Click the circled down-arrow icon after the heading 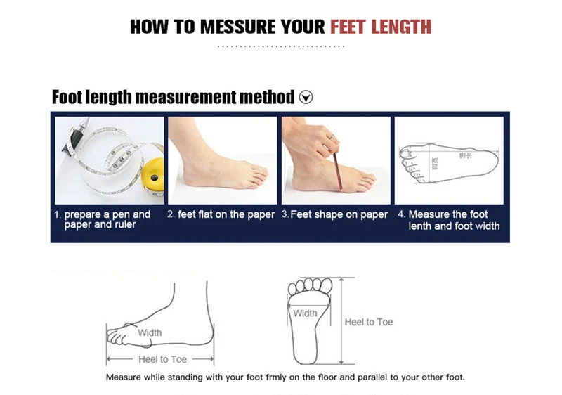pyautogui.click(x=306, y=97)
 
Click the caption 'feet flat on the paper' pyautogui.click(x=226, y=214)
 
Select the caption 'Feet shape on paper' pyautogui.click(x=339, y=214)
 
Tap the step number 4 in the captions pyautogui.click(x=401, y=214)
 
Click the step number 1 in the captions pyautogui.click(x=58, y=214)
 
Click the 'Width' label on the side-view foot pyautogui.click(x=150, y=332)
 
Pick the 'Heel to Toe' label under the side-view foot pyautogui.click(x=163, y=359)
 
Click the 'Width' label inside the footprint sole pyautogui.click(x=305, y=313)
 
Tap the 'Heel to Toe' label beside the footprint pyautogui.click(x=369, y=322)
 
